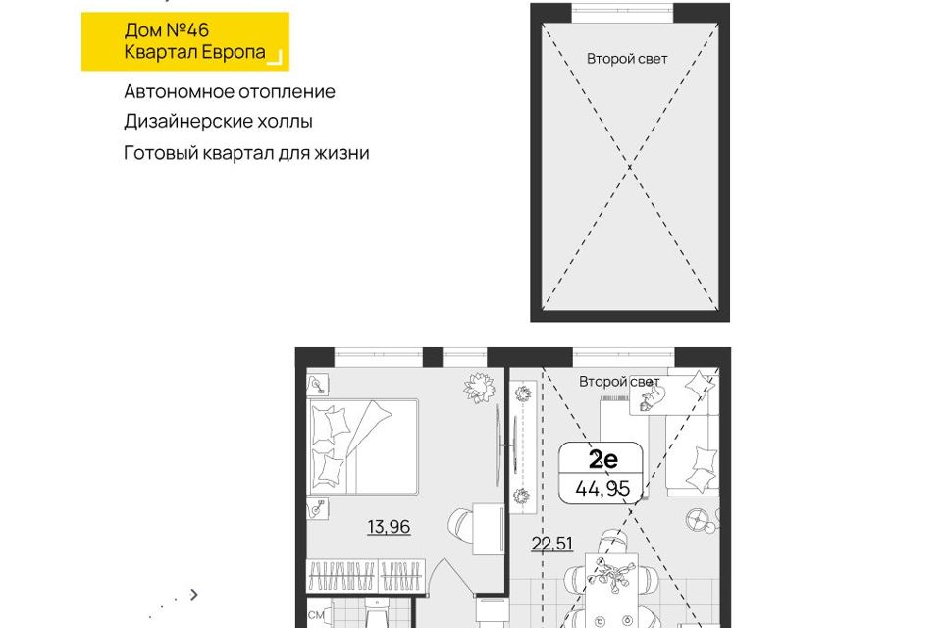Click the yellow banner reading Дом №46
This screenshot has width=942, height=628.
pyautogui.click(x=185, y=41)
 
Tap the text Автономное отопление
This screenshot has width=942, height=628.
pyautogui.click(x=230, y=92)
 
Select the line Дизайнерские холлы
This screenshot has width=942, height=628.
pyautogui.click(x=218, y=122)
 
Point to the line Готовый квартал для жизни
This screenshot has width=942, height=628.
pyautogui.click(x=246, y=153)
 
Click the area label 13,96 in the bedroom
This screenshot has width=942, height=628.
pyautogui.click(x=389, y=527)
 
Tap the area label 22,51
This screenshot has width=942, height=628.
pyautogui.click(x=552, y=544)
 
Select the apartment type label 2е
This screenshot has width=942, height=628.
pyautogui.click(x=602, y=460)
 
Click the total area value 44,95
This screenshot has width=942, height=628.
pyautogui.click(x=602, y=488)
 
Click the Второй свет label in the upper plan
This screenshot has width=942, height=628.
pyautogui.click(x=627, y=59)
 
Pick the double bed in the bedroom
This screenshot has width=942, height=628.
pyautogui.click(x=364, y=447)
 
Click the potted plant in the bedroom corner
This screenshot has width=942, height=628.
pyautogui.click(x=480, y=388)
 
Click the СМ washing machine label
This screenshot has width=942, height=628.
pyautogui.click(x=316, y=615)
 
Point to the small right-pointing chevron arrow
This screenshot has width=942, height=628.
pyautogui.click(x=193, y=595)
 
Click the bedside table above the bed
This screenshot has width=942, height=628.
pyautogui.click(x=318, y=385)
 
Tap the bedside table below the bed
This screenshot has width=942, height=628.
pyautogui.click(x=318, y=509)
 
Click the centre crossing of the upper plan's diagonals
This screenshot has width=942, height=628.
pyautogui.click(x=630, y=167)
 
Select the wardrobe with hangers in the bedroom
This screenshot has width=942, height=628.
pyautogui.click(x=366, y=576)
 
